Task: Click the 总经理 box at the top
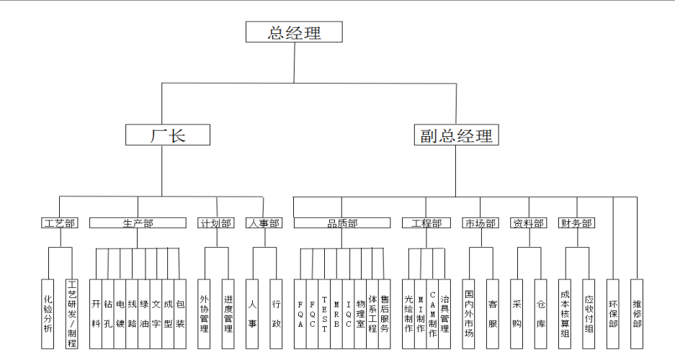[x=294, y=32]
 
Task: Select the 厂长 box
[x=168, y=135]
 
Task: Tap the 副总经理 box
[x=456, y=135]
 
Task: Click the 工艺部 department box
[x=59, y=223]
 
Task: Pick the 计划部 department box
[x=216, y=223]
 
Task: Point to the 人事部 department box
[x=264, y=223]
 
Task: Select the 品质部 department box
[x=342, y=223]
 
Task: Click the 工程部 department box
[x=426, y=223]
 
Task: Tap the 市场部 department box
[x=480, y=223]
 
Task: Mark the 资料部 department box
[x=528, y=223]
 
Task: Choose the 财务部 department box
[x=576, y=223]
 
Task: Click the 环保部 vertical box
[x=613, y=313]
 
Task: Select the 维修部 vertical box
[x=637, y=313]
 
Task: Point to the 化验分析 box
[x=48, y=313]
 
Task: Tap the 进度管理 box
[x=228, y=313]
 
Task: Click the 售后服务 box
[x=385, y=313]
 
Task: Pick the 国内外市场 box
[x=469, y=313]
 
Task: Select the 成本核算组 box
[x=565, y=313]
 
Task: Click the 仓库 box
[x=540, y=313]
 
